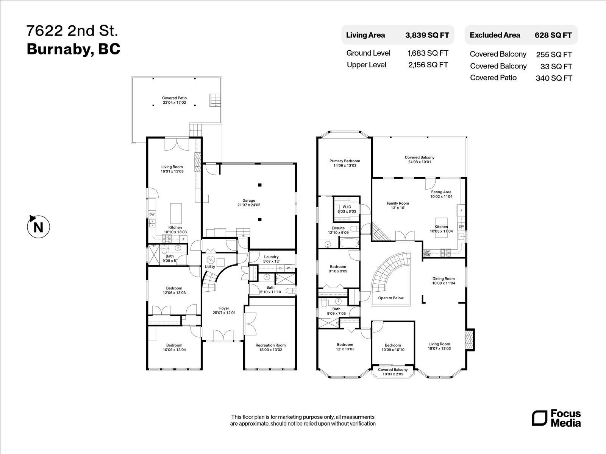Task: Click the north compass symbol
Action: pyautogui.click(x=38, y=227)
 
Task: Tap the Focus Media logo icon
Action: pyautogui.click(x=539, y=418)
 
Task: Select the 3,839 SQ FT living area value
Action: pyautogui.click(x=427, y=35)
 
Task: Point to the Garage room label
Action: pyautogui.click(x=249, y=203)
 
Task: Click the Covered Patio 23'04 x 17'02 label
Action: pyautogui.click(x=175, y=100)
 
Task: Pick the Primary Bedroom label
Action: pyautogui.click(x=345, y=163)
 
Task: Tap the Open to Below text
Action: pyautogui.click(x=391, y=298)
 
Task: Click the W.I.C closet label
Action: pyautogui.click(x=347, y=209)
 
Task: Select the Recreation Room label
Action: pyautogui.click(x=270, y=347)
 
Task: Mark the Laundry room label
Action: pyautogui.click(x=271, y=259)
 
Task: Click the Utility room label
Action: pyautogui.click(x=210, y=267)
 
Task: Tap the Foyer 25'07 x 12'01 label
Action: pyautogui.click(x=224, y=311)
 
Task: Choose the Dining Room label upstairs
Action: pyautogui.click(x=444, y=281)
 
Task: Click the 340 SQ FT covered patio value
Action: pyautogui.click(x=553, y=78)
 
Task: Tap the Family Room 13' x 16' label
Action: pyautogui.click(x=398, y=205)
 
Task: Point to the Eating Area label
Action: pyautogui.click(x=441, y=194)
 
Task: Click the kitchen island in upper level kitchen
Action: pyautogui.click(x=441, y=227)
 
